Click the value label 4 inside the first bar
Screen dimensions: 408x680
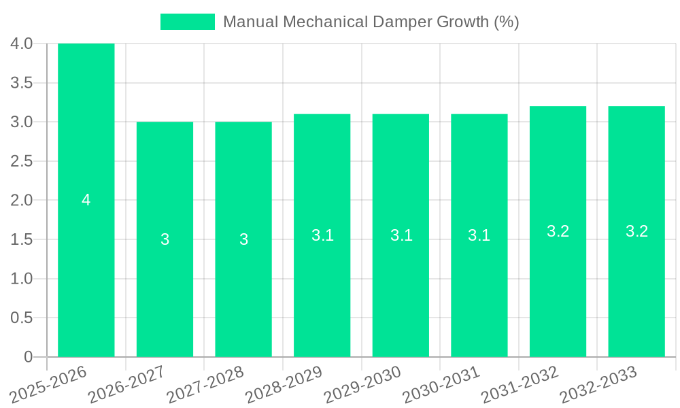tap(86, 200)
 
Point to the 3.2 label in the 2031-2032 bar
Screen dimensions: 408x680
tap(558, 231)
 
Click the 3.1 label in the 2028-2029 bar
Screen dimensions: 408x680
tap(322, 235)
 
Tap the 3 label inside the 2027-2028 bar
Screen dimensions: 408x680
tap(243, 239)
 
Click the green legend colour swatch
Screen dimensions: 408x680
tap(187, 22)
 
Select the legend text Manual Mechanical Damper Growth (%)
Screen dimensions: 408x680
tap(371, 22)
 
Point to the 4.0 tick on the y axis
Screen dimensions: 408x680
tap(22, 44)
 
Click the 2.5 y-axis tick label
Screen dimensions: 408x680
tap(22, 161)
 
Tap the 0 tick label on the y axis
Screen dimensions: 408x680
tap(28, 357)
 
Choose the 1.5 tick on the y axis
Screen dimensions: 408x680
tap(22, 239)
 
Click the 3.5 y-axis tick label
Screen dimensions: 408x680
tap(22, 83)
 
